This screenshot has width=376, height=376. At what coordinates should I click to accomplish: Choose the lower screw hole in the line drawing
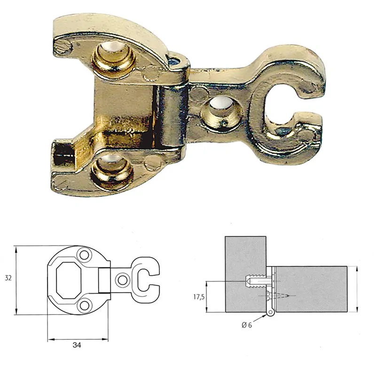[85, 306]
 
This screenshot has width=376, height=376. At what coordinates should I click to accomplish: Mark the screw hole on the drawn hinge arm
[123, 280]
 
